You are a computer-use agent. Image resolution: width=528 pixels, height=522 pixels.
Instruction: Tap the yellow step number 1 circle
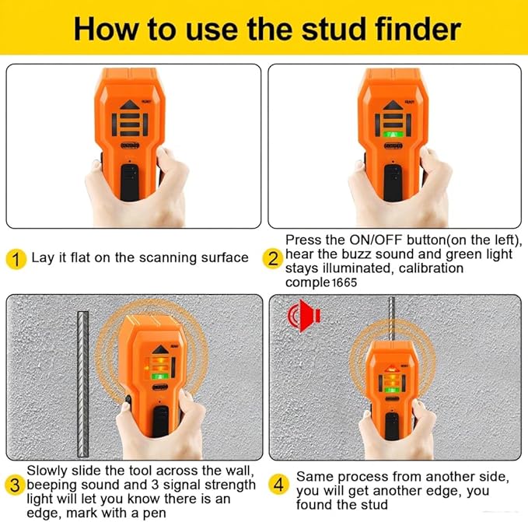coord(16,258)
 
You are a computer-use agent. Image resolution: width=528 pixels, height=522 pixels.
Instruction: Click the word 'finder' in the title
coord(410,29)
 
